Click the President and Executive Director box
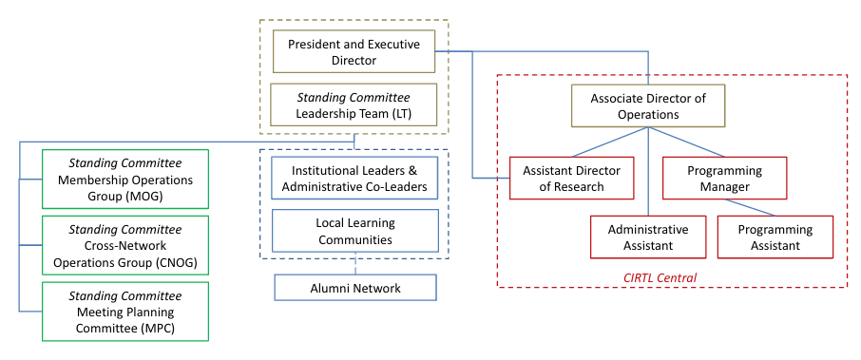354,52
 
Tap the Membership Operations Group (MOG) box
125,180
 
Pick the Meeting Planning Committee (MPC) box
125,312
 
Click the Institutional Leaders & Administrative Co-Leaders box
354,179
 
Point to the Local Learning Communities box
354,231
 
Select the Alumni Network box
354,288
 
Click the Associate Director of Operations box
647,106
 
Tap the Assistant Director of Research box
572,179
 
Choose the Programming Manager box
724,179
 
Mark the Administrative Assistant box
647,237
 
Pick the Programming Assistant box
775,237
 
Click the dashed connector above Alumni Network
354,266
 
